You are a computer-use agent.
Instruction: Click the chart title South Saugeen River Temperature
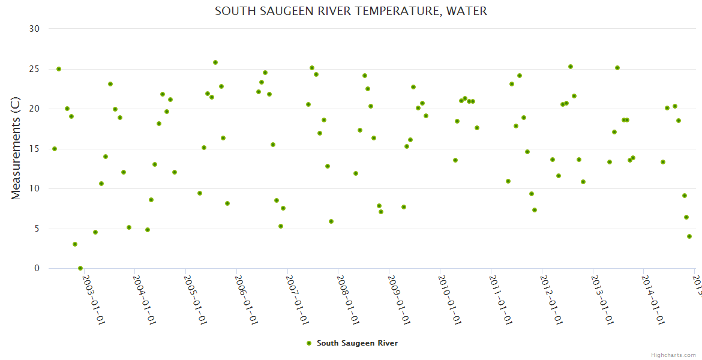[x=350, y=11]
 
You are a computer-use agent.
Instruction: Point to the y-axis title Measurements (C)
[x=16, y=149]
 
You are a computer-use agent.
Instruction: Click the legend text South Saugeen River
[x=357, y=343]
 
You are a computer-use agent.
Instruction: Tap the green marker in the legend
[x=309, y=343]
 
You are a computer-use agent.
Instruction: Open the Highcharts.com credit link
[x=674, y=355]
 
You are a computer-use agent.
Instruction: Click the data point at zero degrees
[x=80, y=268]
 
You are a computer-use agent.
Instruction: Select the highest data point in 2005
[x=215, y=62]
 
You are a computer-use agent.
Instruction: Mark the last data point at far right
[x=689, y=236]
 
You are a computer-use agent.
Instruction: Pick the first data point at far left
[x=55, y=149]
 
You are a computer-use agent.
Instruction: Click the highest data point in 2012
[x=571, y=67]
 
